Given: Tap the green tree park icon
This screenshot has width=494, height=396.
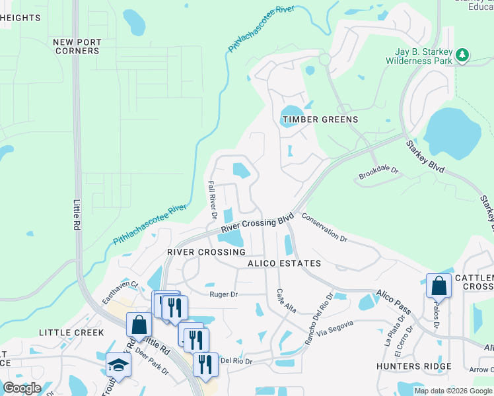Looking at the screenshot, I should (x=463, y=55).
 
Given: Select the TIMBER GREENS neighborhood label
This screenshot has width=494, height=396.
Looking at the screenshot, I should (x=320, y=119).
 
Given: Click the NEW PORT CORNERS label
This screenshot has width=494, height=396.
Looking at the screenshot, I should (x=77, y=46).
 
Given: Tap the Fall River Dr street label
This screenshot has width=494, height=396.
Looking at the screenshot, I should (x=212, y=201).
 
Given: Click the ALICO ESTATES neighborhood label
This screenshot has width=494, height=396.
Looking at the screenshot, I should (x=284, y=263).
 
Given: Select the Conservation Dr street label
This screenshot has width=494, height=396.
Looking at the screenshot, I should (x=324, y=227).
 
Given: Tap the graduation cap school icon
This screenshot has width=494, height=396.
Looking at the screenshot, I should (x=119, y=364).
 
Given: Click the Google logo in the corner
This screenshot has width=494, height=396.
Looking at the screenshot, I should (x=22, y=388).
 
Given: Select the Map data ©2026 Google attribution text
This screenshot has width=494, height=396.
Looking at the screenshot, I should (x=453, y=391).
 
